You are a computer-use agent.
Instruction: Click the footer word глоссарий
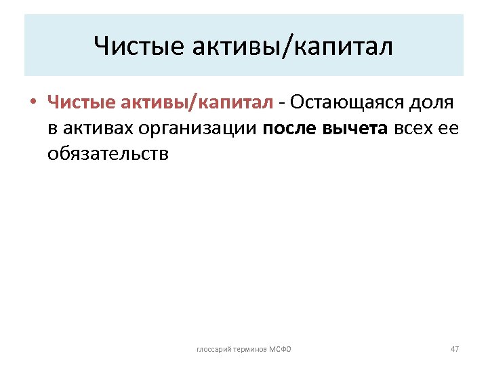[x=213, y=349]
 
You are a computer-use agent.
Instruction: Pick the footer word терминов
[x=249, y=349]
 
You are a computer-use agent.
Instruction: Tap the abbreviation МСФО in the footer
[x=281, y=349]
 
